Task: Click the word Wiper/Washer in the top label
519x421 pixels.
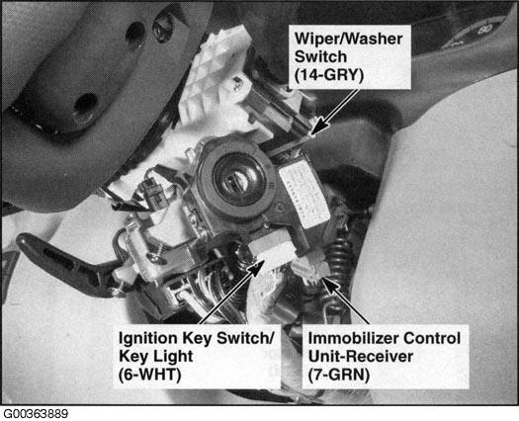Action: pyautogui.click(x=349, y=40)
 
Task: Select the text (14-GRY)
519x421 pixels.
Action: pyautogui.click(x=329, y=75)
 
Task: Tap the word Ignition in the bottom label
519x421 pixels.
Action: pyautogui.click(x=148, y=338)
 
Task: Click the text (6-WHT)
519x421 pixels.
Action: pyautogui.click(x=150, y=375)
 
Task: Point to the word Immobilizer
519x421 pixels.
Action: pyautogui.click(x=351, y=338)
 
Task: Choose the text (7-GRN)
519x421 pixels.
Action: pyautogui.click(x=338, y=375)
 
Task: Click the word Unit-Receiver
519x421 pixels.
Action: pyautogui.click(x=361, y=357)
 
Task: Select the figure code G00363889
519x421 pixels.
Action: pyautogui.click(x=35, y=414)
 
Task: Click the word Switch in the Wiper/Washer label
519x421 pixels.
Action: pyautogui.click(x=320, y=57)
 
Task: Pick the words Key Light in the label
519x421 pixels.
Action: pyautogui.click(x=155, y=357)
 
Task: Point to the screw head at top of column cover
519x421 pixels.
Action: pyautogui.click(x=162, y=28)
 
